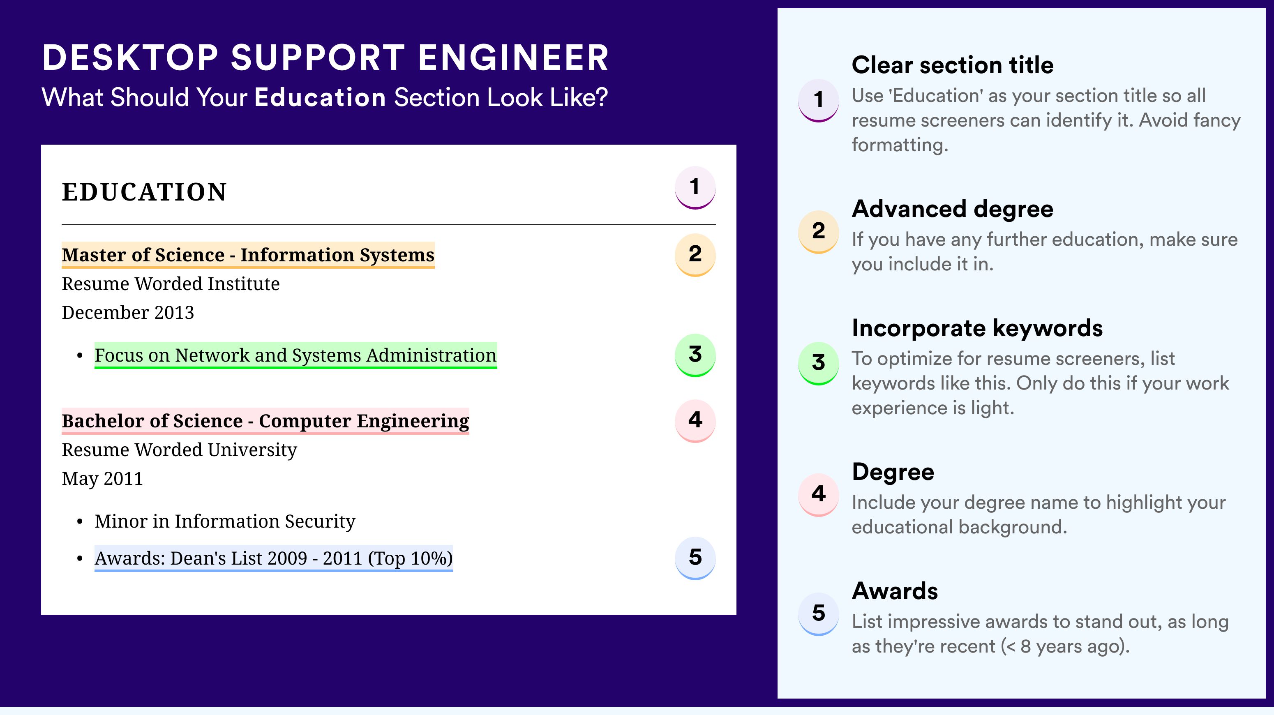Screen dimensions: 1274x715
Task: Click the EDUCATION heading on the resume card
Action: point(144,192)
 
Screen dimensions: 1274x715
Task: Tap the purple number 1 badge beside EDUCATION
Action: point(695,187)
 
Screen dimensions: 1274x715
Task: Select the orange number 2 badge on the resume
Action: point(695,255)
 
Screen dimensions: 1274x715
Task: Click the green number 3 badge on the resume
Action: point(695,355)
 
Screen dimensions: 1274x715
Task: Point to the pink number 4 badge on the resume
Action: point(695,421)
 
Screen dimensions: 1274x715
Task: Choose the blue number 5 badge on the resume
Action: point(695,558)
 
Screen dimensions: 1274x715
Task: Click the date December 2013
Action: point(127,312)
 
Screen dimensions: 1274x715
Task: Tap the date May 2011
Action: point(102,479)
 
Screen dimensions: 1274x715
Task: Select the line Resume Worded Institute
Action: point(171,284)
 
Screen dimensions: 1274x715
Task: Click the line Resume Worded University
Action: point(179,450)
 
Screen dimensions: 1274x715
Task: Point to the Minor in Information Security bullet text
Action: point(225,521)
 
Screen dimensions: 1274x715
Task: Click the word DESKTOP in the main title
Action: point(130,58)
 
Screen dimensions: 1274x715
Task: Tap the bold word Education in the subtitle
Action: point(320,97)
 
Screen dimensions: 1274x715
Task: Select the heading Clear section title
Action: point(953,65)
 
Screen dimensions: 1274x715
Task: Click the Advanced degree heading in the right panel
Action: point(953,209)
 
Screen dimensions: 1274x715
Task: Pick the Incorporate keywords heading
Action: point(977,328)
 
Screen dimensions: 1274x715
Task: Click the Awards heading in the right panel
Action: point(895,591)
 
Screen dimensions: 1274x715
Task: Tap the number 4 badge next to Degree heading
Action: point(819,494)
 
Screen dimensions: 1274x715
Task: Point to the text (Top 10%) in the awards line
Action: point(411,558)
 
